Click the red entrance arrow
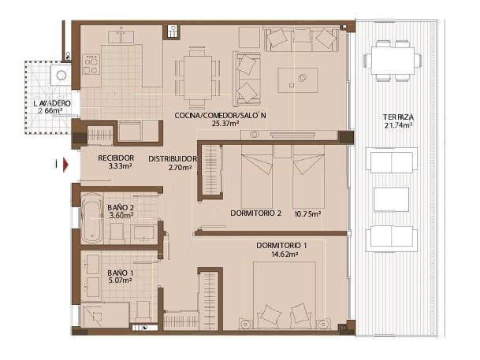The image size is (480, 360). tap(66, 165)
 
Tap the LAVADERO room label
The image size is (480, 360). tap(52, 103)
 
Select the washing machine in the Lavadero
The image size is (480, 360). tap(61, 76)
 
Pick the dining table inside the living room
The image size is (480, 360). tap(197, 68)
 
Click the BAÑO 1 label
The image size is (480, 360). tap(120, 273)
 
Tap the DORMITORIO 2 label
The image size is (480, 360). tap(256, 213)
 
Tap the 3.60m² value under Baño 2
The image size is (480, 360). tap(120, 217)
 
